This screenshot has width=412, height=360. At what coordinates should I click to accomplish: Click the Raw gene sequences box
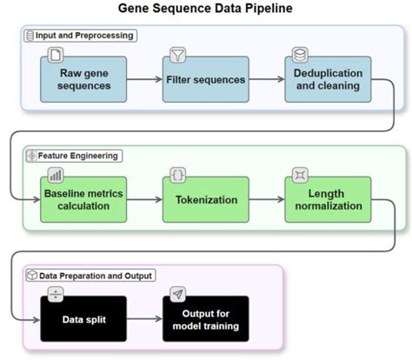point(83,79)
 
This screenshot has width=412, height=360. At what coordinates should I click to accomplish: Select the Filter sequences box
point(206,79)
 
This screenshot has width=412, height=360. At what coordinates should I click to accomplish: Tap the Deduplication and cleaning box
point(328,79)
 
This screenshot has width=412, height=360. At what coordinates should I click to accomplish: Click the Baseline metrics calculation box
point(83,200)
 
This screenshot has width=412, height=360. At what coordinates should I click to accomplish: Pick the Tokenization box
point(206,200)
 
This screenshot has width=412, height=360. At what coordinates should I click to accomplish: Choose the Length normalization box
point(328,200)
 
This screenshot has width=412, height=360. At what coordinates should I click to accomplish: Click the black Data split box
point(83,319)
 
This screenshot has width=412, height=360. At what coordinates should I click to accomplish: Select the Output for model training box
point(206,319)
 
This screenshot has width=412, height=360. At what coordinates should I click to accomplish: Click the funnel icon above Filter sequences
point(177,55)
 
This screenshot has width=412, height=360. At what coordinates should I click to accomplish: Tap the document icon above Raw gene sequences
point(56,55)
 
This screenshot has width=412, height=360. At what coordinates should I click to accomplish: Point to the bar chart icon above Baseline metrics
point(56,175)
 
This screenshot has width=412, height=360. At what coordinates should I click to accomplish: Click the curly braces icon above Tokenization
point(177,175)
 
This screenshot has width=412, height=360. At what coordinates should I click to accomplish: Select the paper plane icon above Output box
point(177,295)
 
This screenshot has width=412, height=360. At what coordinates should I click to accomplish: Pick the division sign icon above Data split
point(56,295)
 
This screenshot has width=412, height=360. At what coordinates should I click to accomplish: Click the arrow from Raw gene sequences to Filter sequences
point(144,79)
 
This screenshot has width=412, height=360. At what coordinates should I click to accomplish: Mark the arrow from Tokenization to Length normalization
point(267,199)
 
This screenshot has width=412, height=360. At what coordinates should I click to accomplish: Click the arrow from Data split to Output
point(144,319)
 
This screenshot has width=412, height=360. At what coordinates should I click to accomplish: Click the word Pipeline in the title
point(269,8)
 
